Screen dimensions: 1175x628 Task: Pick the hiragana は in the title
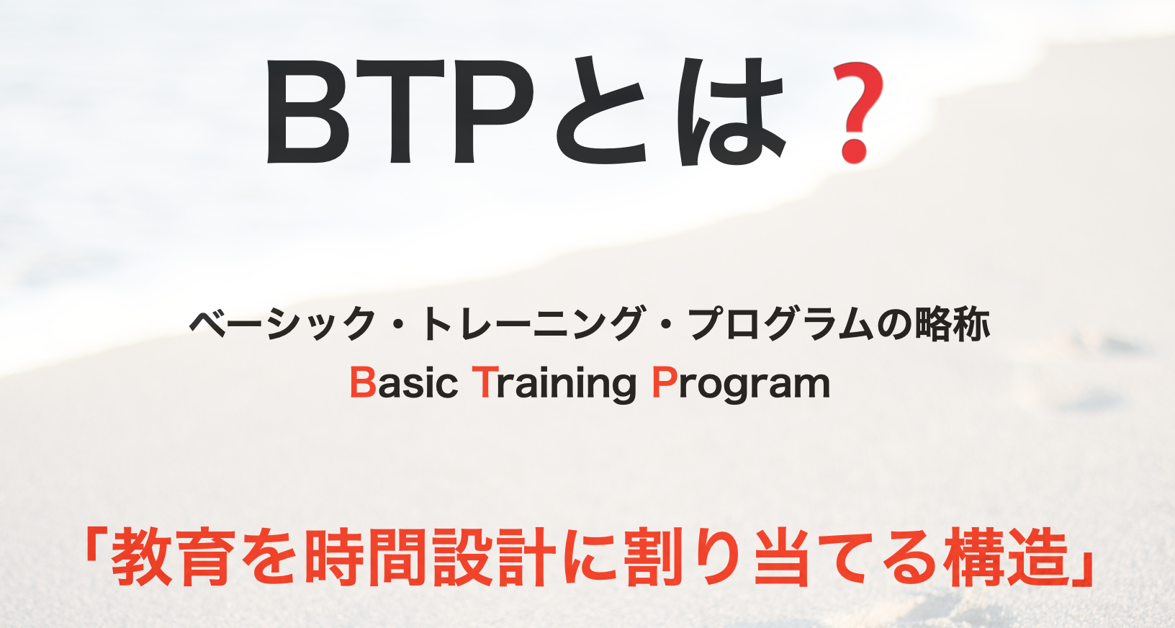click(x=731, y=111)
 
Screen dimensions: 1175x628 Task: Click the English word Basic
click(x=404, y=384)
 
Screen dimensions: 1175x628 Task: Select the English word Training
click(x=555, y=385)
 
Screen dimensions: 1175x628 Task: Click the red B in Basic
click(x=363, y=383)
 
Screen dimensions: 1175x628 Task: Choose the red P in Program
click(x=664, y=383)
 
